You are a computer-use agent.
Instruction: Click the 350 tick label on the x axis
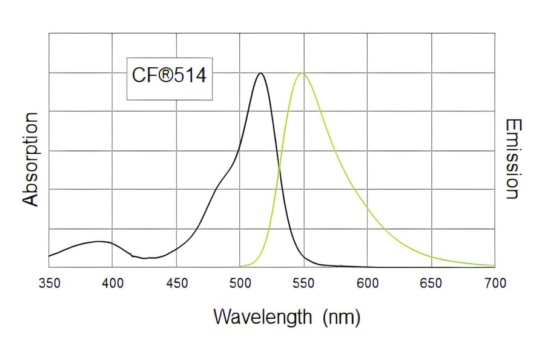(x=49, y=283)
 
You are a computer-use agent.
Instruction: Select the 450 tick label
(x=176, y=283)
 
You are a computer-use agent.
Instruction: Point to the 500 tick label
(x=240, y=283)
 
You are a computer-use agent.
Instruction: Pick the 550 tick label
(x=303, y=283)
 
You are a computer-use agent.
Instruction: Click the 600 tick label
(x=368, y=283)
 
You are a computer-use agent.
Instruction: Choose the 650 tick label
(x=431, y=283)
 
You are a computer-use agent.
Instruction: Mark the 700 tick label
(x=495, y=283)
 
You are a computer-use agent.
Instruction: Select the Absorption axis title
(x=30, y=159)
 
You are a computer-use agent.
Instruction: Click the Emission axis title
(x=512, y=159)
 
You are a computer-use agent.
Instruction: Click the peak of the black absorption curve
(x=261, y=73)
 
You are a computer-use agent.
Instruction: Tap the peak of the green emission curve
(x=301, y=73)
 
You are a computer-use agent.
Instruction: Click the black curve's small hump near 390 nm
(x=99, y=241)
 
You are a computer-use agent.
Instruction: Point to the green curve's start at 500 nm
(x=241, y=265)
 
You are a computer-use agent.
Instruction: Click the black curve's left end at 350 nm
(x=50, y=256)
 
